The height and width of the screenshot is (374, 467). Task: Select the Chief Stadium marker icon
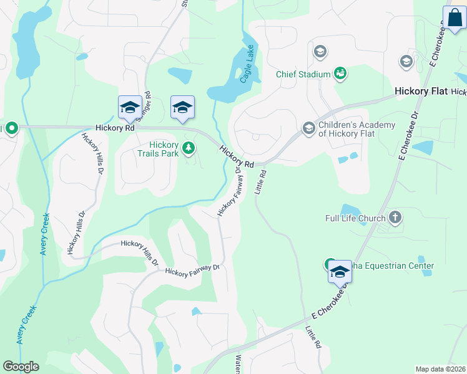click(340, 74)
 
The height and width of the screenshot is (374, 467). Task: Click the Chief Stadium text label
click(303, 75)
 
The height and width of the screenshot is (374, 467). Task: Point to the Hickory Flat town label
click(421, 91)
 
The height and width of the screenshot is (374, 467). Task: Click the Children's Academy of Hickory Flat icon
click(308, 128)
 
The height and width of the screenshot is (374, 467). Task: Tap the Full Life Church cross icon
click(395, 218)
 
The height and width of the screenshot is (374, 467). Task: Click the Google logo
click(21, 367)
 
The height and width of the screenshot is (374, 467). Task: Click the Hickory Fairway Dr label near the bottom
click(192, 269)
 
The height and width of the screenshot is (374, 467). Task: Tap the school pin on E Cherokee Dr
click(340, 273)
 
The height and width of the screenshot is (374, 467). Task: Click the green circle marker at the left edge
click(11, 128)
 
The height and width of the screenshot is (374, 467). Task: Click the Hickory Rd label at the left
click(115, 128)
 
